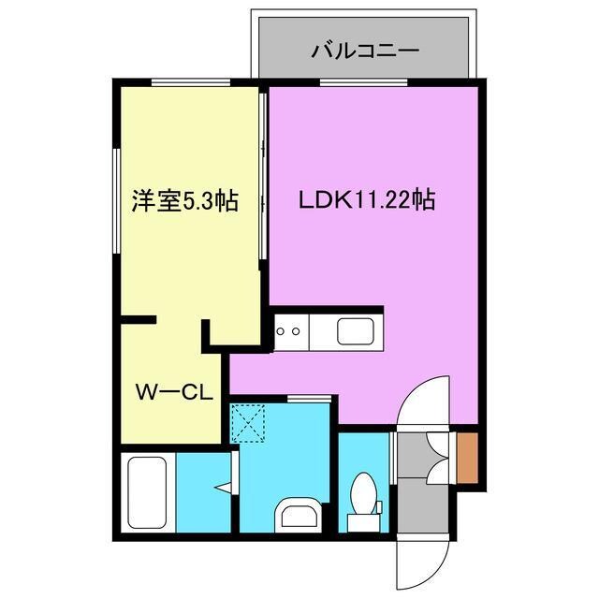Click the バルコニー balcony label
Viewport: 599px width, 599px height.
coord(364,51)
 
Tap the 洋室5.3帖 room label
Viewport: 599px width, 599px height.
coord(184,200)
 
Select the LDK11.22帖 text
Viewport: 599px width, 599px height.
coord(366,200)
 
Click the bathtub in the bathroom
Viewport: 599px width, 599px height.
coord(148,492)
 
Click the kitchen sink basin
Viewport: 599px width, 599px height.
coord(357,330)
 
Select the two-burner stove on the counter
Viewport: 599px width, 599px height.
coord(288,330)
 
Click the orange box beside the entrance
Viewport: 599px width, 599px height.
coord(468,459)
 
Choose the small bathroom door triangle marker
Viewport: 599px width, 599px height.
coord(223,487)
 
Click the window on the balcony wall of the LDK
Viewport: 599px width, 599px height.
coord(364,83)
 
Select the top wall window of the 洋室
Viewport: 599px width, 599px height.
coord(191,83)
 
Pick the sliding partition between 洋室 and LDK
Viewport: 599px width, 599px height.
coord(265,178)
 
